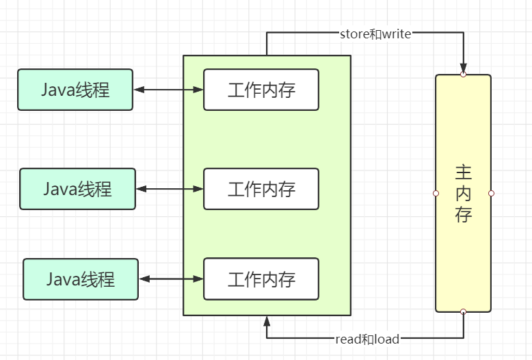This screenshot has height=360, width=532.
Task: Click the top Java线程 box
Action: pos(75,89)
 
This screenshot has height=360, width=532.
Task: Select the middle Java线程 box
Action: pos(78,188)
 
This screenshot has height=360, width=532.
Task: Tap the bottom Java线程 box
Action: pos(81,279)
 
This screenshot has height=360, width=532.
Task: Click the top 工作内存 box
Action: pos(261,90)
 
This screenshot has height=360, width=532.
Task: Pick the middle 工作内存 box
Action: pos(261,188)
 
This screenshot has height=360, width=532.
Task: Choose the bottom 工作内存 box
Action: pos(261,279)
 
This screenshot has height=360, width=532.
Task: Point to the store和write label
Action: pos(375,34)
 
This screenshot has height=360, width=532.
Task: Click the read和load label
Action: pos(367,339)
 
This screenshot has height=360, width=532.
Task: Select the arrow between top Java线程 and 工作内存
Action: pos(168,90)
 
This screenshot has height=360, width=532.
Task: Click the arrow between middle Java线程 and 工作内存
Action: pos(170,188)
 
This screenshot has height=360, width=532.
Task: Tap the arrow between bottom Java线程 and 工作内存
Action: pos(172,279)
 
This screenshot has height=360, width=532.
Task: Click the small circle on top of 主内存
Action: pos(463,74)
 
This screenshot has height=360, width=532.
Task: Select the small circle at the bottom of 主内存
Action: pos(463,312)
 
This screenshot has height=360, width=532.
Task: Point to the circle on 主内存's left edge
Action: pos(436,193)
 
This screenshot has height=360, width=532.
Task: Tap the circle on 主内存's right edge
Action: pos(491,193)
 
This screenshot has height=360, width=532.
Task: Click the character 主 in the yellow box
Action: pos(463,172)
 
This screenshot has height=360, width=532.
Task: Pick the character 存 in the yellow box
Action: pos(463,214)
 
